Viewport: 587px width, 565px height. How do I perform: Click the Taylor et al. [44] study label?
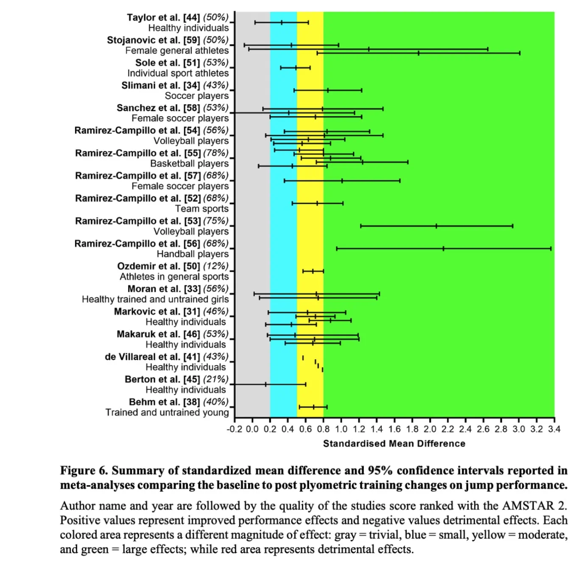[x=163, y=17]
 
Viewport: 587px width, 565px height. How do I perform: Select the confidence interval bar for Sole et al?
[x=295, y=67]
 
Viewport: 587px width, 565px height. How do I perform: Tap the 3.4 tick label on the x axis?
[x=554, y=429]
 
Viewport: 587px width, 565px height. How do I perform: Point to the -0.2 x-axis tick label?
[x=234, y=429]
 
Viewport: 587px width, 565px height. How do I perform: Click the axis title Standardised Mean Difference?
[x=394, y=443]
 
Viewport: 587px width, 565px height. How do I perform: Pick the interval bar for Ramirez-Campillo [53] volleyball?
[x=436, y=226]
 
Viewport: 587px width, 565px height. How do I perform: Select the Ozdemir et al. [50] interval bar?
[x=313, y=271]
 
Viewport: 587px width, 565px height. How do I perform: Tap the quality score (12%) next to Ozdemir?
[x=216, y=266]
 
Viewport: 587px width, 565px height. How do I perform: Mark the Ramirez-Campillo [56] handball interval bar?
[x=444, y=249]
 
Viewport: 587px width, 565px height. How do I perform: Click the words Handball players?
[x=193, y=254]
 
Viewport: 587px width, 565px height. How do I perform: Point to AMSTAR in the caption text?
[x=528, y=506]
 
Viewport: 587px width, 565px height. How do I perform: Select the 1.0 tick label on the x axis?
[x=341, y=429]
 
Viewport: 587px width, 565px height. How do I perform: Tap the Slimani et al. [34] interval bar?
[x=328, y=90]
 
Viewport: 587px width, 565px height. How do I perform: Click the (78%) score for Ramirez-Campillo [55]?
[x=216, y=153]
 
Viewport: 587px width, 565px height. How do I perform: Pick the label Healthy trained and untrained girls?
[x=155, y=299]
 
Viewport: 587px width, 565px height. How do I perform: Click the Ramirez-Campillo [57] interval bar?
[x=342, y=181]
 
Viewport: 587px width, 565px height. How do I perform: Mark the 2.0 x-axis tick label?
[x=430, y=429]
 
